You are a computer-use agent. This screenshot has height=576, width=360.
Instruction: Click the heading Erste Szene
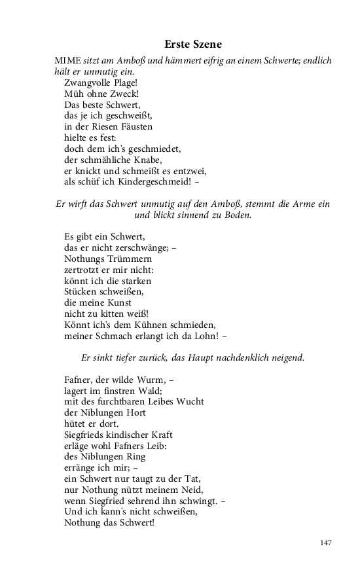click(193, 45)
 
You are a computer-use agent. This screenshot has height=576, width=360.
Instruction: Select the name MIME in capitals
click(68, 61)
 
